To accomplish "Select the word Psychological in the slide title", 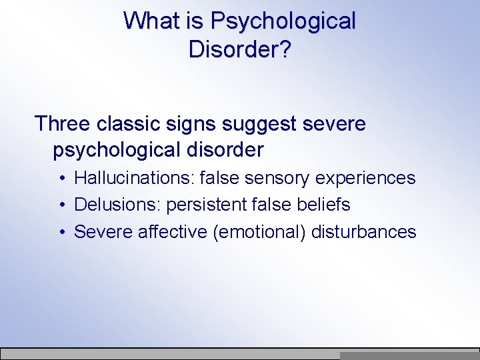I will [x=283, y=21].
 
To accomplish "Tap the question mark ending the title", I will [x=285, y=50].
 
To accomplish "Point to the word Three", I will [x=63, y=124].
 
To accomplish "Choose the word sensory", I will [x=277, y=178].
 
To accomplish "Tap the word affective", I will [x=174, y=232].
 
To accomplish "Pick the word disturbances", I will [x=364, y=232].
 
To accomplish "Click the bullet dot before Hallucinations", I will [x=61, y=179].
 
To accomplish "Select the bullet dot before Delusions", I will [x=61, y=205].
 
